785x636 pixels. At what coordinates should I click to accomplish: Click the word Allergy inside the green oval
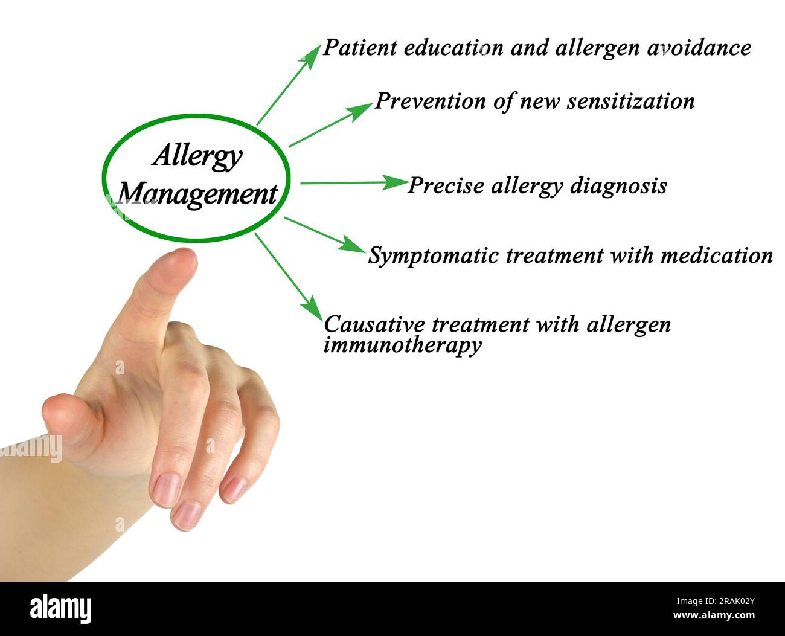tap(197, 157)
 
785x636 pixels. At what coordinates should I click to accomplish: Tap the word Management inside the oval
tap(197, 194)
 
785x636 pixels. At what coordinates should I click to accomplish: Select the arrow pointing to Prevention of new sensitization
tap(330, 125)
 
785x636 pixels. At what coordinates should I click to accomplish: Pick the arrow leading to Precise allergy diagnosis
tap(353, 182)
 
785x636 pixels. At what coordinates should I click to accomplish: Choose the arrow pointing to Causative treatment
tap(289, 275)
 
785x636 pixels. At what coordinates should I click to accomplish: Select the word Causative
tap(374, 324)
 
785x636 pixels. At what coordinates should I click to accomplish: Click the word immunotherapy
tap(402, 345)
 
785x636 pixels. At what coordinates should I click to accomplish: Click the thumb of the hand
tap(66, 417)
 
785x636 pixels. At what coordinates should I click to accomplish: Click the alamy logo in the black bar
tap(61, 608)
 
